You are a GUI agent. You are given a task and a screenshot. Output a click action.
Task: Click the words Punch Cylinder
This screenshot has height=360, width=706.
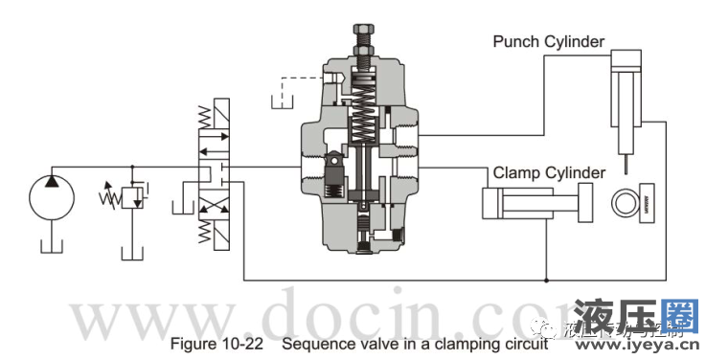click(549, 41)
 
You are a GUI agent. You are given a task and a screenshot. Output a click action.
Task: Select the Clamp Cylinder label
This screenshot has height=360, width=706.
click(549, 172)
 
